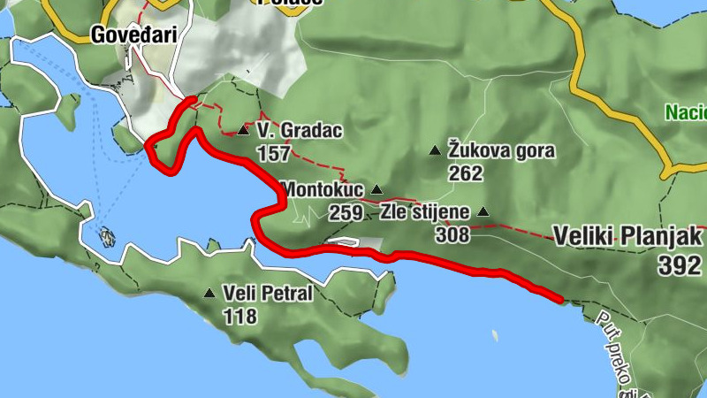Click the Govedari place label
[x=133, y=35]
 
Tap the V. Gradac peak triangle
[x=243, y=131]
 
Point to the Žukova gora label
[x=502, y=150]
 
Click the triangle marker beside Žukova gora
[x=434, y=151]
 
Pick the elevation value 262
[x=466, y=173]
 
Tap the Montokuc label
[x=323, y=189]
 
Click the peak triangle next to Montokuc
[x=376, y=189]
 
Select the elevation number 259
[x=346, y=212]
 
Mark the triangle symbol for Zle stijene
[x=483, y=212]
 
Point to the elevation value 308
[x=452, y=235]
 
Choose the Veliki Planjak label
[x=627, y=237]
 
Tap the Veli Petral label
[x=268, y=294]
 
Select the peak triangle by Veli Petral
[x=209, y=294]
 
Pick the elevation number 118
[x=240, y=316]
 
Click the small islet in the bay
[x=108, y=236]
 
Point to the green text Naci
[x=686, y=113]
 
